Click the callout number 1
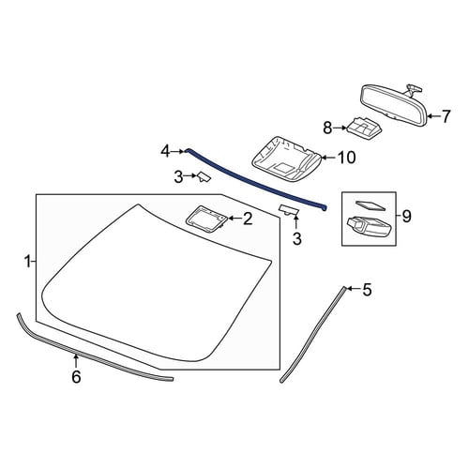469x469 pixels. [x=28, y=261]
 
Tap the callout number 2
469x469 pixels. [x=248, y=219]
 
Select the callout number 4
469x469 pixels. [x=165, y=152]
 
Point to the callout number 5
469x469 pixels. [x=367, y=289]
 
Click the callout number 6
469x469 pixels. [x=76, y=377]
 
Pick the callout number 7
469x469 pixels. [x=446, y=116]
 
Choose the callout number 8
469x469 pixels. [x=327, y=129]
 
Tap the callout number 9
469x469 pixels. [x=406, y=216]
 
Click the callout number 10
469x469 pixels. [x=346, y=158]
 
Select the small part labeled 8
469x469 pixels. [x=364, y=129]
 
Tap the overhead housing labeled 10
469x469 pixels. [x=287, y=159]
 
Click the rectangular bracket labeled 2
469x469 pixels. [x=206, y=219]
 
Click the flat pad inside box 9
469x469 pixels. [x=371, y=205]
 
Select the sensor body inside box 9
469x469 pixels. [x=369, y=227]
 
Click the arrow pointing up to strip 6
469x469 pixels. [x=75, y=361]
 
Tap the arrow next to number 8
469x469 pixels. [x=340, y=128]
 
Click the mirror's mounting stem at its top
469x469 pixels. [x=414, y=89]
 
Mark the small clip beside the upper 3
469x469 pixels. [x=204, y=176]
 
